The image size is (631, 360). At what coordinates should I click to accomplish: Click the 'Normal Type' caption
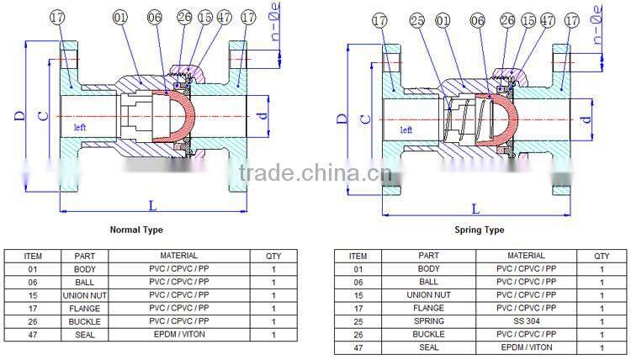(x=136, y=230)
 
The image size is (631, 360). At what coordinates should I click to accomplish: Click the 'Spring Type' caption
(x=479, y=230)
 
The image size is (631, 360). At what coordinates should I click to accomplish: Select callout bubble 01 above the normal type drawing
(x=121, y=16)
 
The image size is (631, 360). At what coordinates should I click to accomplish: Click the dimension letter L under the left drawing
(x=151, y=204)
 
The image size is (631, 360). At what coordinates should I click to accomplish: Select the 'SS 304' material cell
(x=525, y=320)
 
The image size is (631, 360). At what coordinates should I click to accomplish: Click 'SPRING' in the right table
(x=429, y=320)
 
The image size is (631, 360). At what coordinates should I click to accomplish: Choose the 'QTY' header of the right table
(x=602, y=256)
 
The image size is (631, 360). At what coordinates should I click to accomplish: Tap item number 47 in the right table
(x=358, y=347)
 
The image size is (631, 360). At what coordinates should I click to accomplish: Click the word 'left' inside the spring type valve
(x=406, y=130)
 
